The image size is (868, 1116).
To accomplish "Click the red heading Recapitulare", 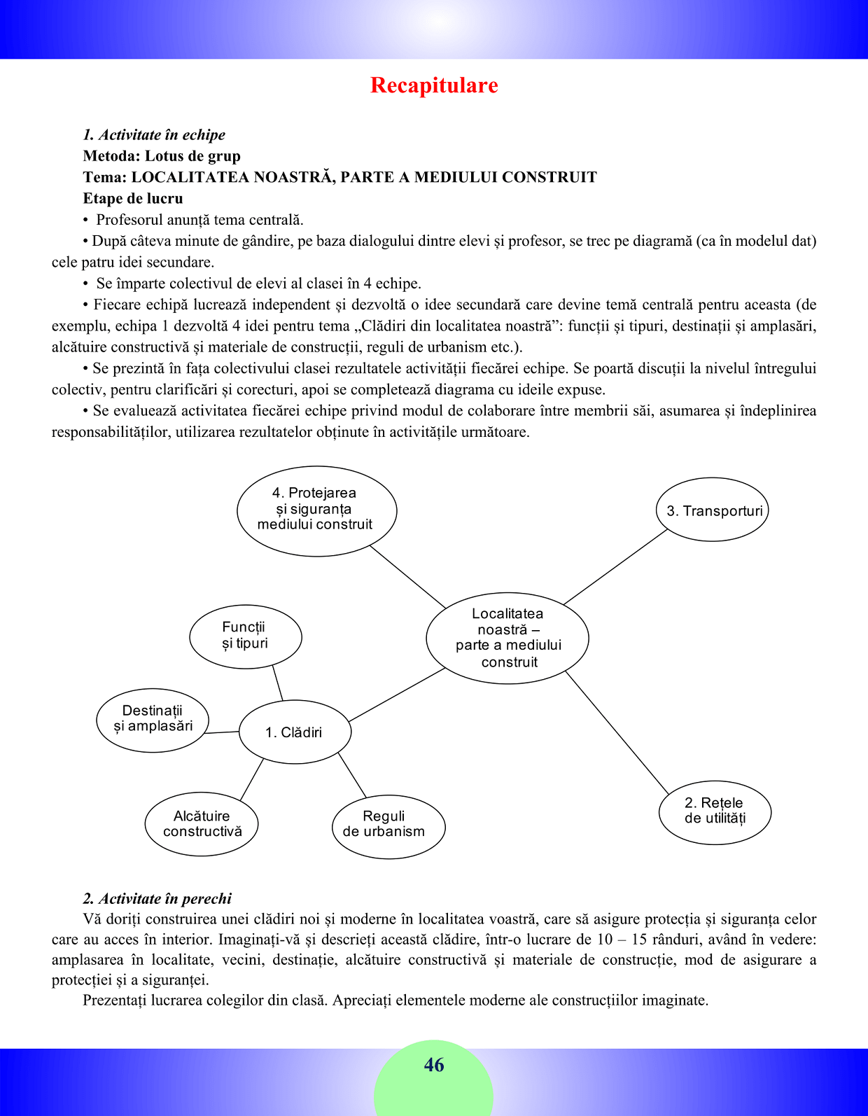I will pyautogui.click(x=434, y=85).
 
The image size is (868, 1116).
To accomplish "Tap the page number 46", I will pyautogui.click(x=434, y=1065).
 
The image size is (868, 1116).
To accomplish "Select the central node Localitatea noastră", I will pyautogui.click(x=507, y=637).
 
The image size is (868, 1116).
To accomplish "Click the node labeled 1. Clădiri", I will pyautogui.click(x=295, y=732).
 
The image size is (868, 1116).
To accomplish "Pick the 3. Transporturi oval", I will pyautogui.click(x=713, y=510).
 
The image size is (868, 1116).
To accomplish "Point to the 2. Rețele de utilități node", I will pyautogui.click(x=715, y=811).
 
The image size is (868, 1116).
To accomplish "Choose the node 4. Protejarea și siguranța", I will pyautogui.click(x=316, y=510).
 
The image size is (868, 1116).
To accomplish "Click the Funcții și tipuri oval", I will pyautogui.click(x=245, y=636).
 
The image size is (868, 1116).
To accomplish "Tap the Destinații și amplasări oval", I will pyautogui.click(x=153, y=720).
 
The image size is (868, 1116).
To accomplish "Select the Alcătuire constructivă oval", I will pyautogui.click(x=202, y=824).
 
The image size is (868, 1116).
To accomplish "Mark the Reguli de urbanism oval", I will pyautogui.click(x=388, y=825).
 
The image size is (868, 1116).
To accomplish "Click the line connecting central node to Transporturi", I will pyautogui.click(x=616, y=566).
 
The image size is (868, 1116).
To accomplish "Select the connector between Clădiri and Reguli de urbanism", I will pyautogui.click(x=352, y=775).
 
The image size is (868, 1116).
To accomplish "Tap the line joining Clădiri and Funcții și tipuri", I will pyautogui.click(x=277, y=683).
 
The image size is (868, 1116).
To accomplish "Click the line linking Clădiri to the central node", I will pyautogui.click(x=396, y=695).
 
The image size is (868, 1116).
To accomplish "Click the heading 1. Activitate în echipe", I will pyautogui.click(x=154, y=135).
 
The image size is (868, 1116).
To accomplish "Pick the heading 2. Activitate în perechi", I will pyautogui.click(x=157, y=898).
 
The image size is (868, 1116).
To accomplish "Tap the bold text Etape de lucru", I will pyautogui.click(x=133, y=198).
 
